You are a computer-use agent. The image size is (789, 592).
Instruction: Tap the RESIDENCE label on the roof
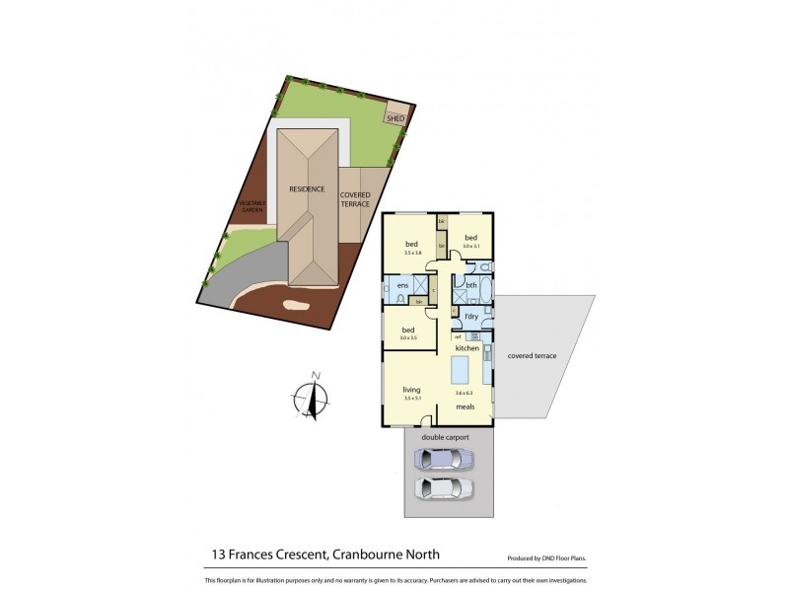[x=307, y=188]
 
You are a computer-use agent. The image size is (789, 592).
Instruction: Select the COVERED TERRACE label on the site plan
[x=355, y=199]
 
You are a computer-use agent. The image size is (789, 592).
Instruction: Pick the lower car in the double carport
[x=444, y=486]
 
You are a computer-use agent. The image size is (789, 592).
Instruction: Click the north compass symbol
[x=314, y=397]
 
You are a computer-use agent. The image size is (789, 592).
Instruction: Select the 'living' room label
[x=411, y=390]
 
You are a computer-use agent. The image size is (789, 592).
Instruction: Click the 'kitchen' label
[x=467, y=348]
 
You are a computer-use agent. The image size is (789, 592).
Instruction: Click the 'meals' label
[x=466, y=406]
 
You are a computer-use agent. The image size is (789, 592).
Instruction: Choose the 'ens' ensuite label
[x=401, y=286]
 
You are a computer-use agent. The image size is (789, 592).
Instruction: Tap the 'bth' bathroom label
[x=471, y=285]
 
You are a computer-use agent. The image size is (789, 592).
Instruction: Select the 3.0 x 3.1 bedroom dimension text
[x=470, y=246]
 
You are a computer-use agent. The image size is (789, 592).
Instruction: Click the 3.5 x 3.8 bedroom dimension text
[x=412, y=253]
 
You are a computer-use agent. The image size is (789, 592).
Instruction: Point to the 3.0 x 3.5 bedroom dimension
[x=408, y=338]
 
